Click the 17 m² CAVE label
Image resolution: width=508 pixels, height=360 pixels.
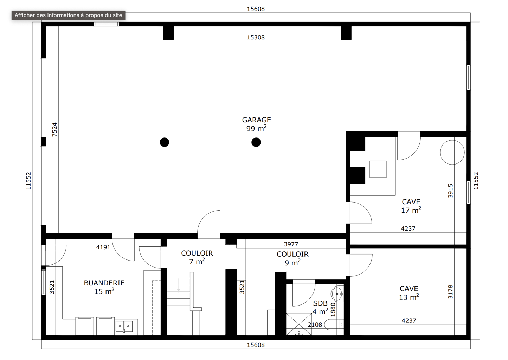(411, 206)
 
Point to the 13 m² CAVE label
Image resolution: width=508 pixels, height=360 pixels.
(409, 293)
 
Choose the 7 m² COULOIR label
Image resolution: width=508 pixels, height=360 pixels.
(197, 257)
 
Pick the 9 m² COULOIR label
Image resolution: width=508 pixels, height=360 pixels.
(292, 258)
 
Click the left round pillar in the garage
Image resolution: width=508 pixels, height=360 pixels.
(165, 142)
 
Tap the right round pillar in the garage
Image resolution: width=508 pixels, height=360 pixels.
(256, 142)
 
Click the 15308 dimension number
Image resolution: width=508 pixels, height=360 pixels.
(256, 37)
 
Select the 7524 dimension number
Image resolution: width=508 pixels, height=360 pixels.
(54, 129)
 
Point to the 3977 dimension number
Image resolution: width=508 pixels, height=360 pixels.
(291, 244)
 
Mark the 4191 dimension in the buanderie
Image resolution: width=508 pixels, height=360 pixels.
(103, 247)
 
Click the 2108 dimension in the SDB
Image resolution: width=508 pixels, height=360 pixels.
(315, 324)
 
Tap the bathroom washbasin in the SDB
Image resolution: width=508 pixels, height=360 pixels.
(337, 294)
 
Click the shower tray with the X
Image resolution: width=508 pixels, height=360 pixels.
(299, 324)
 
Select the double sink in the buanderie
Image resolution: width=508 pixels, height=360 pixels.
(124, 326)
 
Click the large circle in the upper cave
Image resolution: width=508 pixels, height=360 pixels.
(452, 152)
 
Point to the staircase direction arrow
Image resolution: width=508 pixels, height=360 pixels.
(179, 285)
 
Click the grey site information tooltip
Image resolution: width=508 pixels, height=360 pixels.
(68, 15)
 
